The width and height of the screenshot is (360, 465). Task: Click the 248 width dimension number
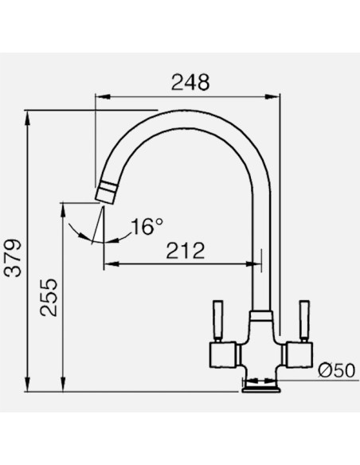[x=190, y=82]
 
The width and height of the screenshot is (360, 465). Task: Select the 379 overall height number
[x=14, y=257]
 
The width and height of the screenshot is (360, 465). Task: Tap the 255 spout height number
[x=49, y=298]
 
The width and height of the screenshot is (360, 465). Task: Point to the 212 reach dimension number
[x=186, y=251]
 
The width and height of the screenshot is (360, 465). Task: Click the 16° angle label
[x=147, y=227]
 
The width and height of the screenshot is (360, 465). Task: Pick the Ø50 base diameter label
[x=337, y=370]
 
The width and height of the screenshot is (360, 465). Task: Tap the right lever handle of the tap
[x=304, y=320]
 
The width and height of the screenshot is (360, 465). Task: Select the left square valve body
[x=223, y=355]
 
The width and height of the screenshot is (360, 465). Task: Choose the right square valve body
[x=299, y=355]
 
